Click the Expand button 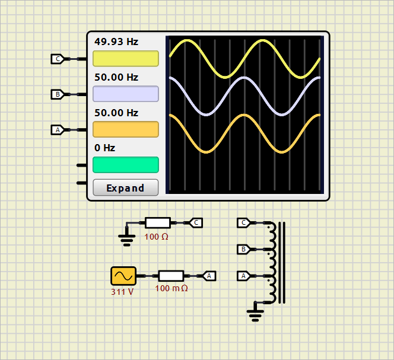(x=125, y=188)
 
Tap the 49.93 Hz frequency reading (x=116, y=42)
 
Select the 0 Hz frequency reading (x=105, y=148)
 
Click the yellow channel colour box (x=125, y=59)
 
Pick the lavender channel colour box (x=125, y=94)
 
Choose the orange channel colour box (x=125, y=129)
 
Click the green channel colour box (x=125, y=164)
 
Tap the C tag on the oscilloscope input (x=58, y=59)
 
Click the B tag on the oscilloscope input (x=58, y=94)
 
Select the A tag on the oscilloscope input (x=58, y=129)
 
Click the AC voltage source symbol (x=123, y=276)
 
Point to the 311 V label (x=122, y=292)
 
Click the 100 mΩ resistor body (x=171, y=276)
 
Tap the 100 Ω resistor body (x=158, y=222)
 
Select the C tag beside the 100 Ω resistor (x=196, y=222)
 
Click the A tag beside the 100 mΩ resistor (x=209, y=276)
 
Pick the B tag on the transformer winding (x=243, y=249)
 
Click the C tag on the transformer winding (x=243, y=223)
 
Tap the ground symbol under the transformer (x=255, y=314)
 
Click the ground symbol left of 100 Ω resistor (x=126, y=238)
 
